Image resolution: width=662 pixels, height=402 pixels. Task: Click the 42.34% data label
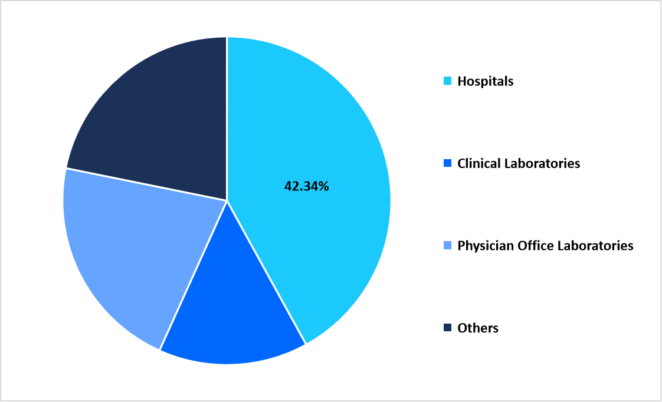306,186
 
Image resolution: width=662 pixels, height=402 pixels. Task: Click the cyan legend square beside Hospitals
447,81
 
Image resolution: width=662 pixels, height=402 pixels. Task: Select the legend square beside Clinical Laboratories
447,163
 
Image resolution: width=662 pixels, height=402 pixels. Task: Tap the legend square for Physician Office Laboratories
447,245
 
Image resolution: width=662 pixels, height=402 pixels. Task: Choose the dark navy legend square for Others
447,327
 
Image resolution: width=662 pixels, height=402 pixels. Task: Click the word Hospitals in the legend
485,81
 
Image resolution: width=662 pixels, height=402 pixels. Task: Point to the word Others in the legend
478,328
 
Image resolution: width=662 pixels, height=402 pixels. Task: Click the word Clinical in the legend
478,163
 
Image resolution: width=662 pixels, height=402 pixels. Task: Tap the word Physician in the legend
484,245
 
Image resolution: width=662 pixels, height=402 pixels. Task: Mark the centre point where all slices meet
227,200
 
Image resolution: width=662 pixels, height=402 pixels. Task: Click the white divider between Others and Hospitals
227,118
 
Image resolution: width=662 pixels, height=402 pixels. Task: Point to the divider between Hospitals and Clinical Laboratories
266,272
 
